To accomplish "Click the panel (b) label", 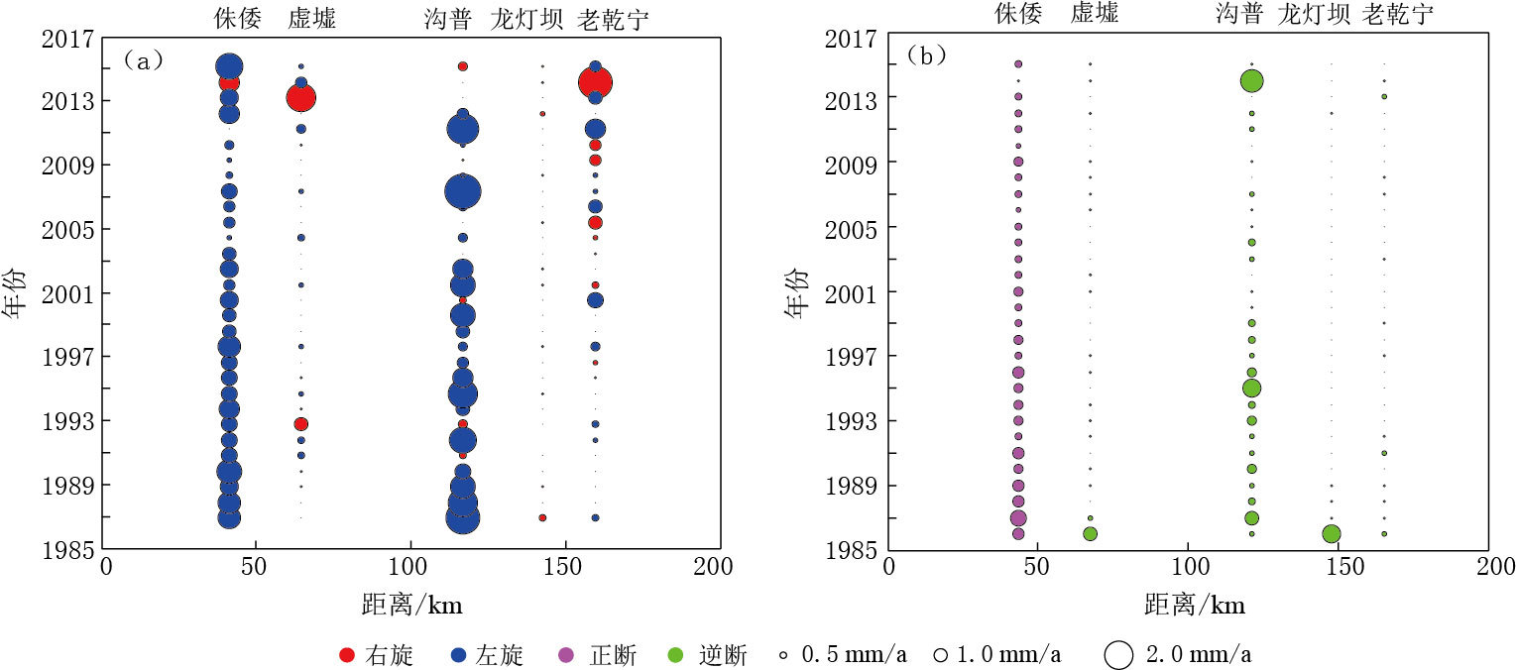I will point(926,57).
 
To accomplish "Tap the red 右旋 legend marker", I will point(346,654).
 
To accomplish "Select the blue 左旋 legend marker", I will point(459,654).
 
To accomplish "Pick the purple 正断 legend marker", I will point(568,654).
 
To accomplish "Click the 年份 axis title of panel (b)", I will point(794,293).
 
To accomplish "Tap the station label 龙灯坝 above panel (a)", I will point(527,19).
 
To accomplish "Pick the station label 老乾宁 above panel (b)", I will point(1397,14).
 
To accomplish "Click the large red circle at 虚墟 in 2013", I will point(300,97).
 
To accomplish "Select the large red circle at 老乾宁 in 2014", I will point(595,82).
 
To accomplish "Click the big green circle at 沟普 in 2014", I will point(1251,81).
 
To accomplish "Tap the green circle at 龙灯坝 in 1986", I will point(1331,533).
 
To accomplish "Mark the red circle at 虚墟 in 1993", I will point(300,423).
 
